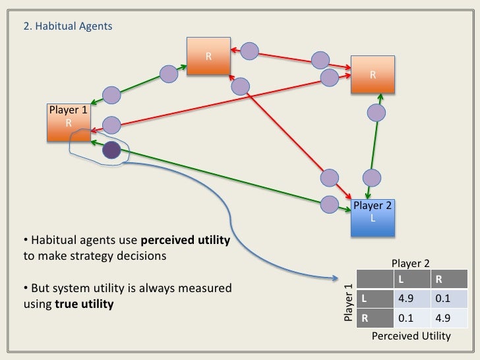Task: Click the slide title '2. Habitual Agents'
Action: click(x=68, y=26)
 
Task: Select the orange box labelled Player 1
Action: click(x=69, y=123)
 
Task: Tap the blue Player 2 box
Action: click(x=373, y=217)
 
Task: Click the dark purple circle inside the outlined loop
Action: click(x=111, y=151)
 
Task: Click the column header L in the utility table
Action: click(x=401, y=280)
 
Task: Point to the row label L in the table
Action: click(x=364, y=299)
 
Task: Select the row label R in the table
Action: click(x=364, y=319)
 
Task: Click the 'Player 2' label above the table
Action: click(x=411, y=263)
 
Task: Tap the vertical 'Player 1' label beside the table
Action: click(x=348, y=303)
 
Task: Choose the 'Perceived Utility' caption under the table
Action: click(x=411, y=336)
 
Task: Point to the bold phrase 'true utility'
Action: click(x=84, y=305)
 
